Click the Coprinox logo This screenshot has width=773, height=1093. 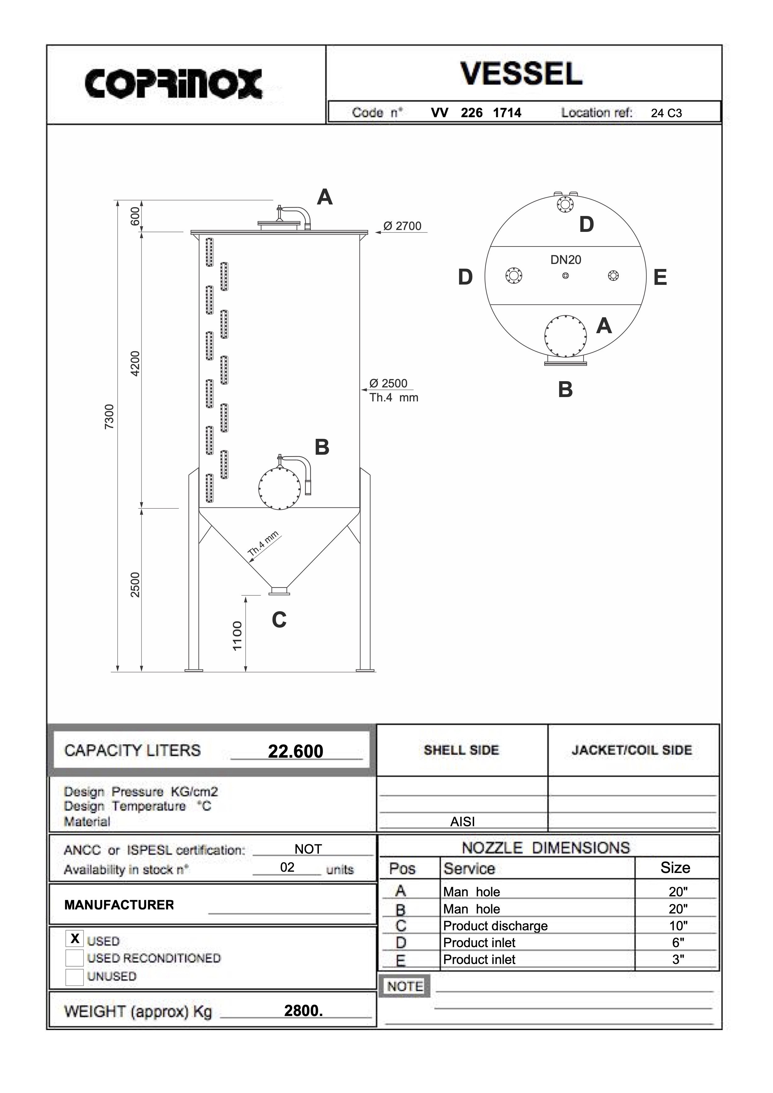click(x=173, y=84)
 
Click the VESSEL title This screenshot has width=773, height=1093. click(x=521, y=74)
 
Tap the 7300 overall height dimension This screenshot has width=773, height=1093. click(x=109, y=417)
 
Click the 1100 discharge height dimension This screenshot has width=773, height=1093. click(x=237, y=635)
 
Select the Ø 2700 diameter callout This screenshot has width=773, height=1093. click(x=402, y=226)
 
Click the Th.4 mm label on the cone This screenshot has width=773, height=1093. click(x=263, y=544)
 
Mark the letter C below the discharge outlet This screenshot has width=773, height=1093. click(x=279, y=620)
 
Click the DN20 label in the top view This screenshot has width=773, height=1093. click(x=565, y=260)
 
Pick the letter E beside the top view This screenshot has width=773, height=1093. click(x=660, y=277)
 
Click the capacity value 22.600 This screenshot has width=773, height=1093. click(x=295, y=751)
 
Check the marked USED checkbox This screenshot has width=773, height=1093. click(x=75, y=938)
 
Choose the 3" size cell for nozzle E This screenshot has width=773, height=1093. click(x=678, y=959)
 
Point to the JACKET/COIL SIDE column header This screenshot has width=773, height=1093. click(x=631, y=750)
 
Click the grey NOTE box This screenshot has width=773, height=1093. click(x=405, y=986)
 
